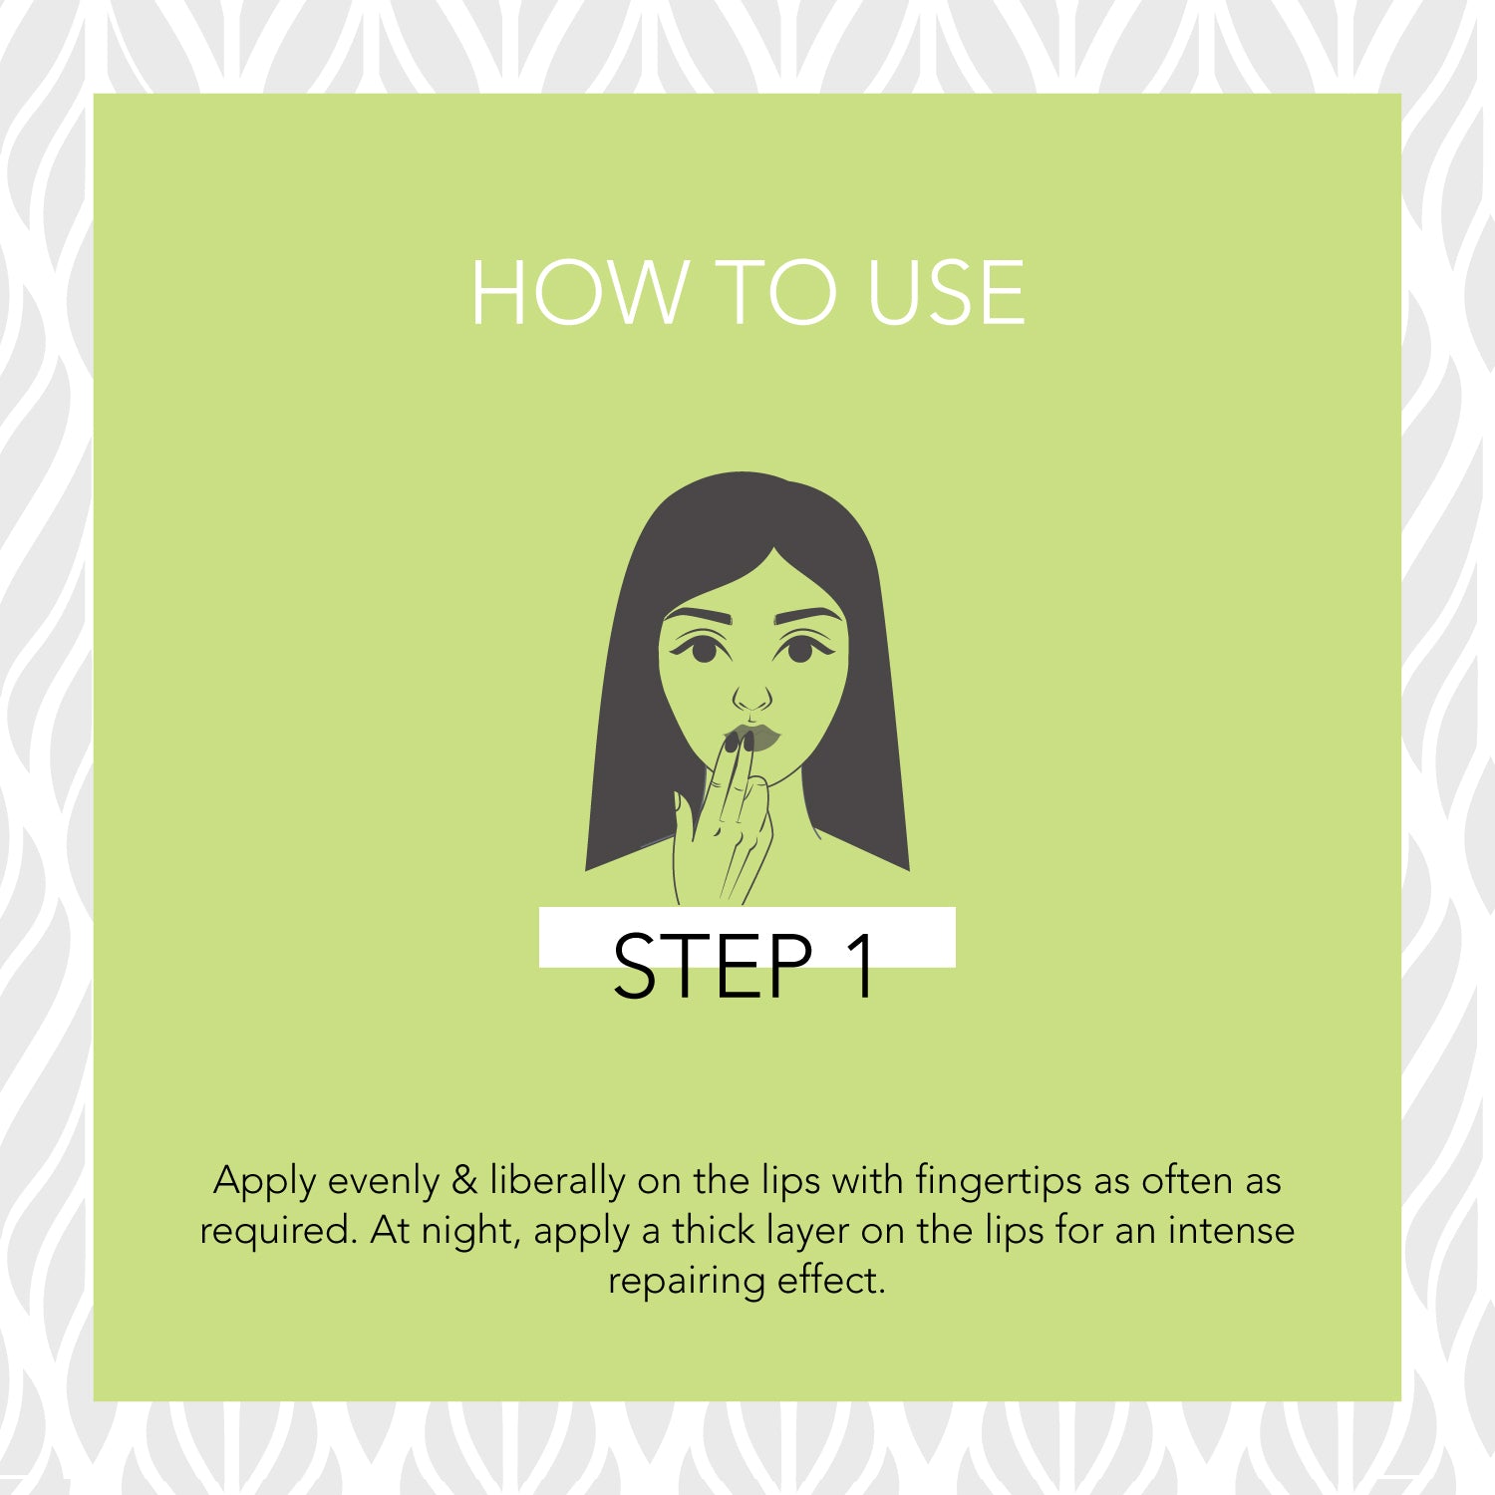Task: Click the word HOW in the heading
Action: click(578, 292)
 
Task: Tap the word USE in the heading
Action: click(946, 292)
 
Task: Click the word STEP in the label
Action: click(713, 966)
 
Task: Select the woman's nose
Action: click(752, 696)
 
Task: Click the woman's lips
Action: click(754, 738)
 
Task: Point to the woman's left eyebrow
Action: click(808, 615)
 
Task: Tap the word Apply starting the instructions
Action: click(264, 1183)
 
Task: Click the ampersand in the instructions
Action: click(464, 1181)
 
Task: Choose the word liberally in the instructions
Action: click(557, 1183)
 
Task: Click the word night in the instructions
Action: click(470, 1233)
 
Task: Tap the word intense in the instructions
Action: click(1231, 1230)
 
